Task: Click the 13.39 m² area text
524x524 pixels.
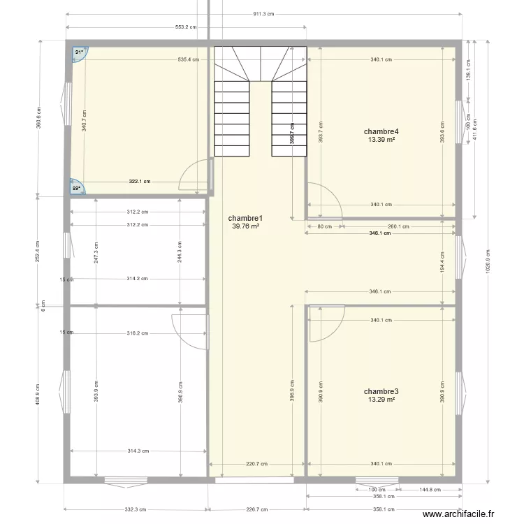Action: click(381, 140)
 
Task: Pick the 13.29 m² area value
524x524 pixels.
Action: click(381, 400)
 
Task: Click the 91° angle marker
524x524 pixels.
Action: click(79, 52)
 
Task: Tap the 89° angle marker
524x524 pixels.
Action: click(78, 187)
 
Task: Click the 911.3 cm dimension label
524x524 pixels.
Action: click(263, 14)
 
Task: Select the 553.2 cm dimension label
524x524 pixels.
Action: click(186, 27)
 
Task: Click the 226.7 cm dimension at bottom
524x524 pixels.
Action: click(257, 509)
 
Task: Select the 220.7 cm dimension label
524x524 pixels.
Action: click(256, 463)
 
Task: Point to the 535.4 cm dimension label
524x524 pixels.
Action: click(189, 59)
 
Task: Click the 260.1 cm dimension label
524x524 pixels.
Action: click(398, 226)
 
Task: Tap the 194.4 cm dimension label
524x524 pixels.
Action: click(442, 262)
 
